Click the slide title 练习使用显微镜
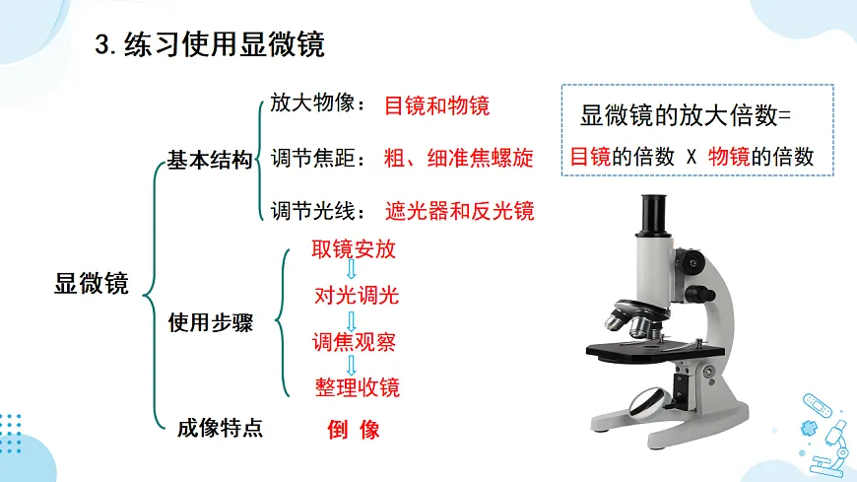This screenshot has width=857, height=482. [224, 44]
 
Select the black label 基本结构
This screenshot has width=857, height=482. [210, 160]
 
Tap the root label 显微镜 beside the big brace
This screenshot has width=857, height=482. [92, 284]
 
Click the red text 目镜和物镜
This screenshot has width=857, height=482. [436, 105]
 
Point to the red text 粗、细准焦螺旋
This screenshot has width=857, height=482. [459, 158]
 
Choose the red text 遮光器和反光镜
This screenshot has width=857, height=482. [459, 211]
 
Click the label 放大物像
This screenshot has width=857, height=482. [312, 103]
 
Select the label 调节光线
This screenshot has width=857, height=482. [312, 211]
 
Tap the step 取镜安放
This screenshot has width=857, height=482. [354, 249]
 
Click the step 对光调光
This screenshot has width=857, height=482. [357, 296]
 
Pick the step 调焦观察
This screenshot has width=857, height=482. [354, 342]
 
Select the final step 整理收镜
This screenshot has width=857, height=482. [357, 387]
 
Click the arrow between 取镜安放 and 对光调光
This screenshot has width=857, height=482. [352, 269]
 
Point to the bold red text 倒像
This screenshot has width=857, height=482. [354, 430]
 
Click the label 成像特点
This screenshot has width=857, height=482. [220, 428]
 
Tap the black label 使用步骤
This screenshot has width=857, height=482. [211, 322]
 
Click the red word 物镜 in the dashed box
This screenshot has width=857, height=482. [729, 157]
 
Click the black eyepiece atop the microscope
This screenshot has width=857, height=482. [654, 214]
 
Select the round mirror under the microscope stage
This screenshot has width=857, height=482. [649, 403]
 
